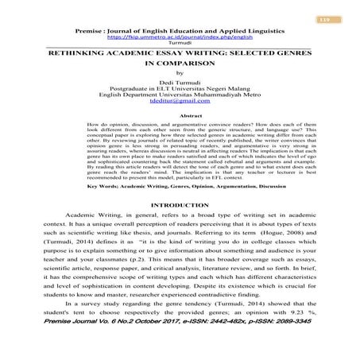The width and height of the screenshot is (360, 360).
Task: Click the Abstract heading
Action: tap(180, 116)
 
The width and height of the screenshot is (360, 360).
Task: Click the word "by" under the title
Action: tap(179, 73)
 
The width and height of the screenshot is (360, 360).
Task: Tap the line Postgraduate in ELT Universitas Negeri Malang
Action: tap(179, 89)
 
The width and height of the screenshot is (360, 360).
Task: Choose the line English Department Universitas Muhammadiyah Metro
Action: tap(179, 95)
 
